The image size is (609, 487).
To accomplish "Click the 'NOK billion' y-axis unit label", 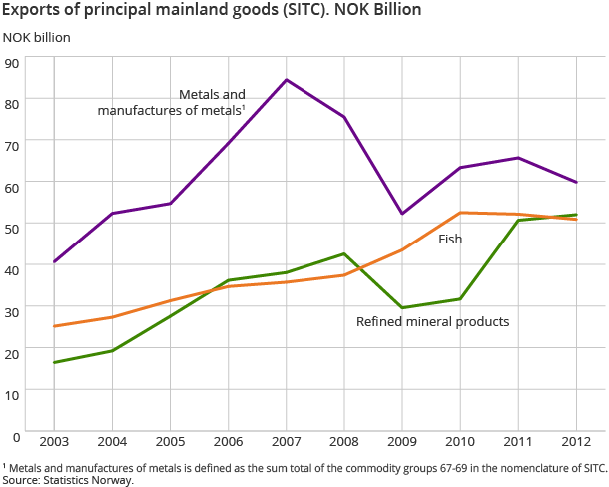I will (37, 38).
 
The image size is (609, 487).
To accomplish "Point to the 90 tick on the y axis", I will (12, 62).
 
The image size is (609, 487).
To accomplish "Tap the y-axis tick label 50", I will (12, 229).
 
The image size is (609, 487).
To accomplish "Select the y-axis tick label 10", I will (12, 394).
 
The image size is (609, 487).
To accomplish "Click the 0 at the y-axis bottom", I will (16, 436).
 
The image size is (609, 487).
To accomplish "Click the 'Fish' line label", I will (450, 240).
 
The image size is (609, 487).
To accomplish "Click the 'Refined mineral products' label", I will (433, 322).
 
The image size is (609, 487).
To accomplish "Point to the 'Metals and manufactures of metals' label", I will (172, 102).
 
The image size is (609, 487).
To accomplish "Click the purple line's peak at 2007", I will (286, 79).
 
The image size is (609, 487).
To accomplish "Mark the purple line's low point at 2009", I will (402, 214).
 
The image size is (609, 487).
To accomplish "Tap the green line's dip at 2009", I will (402, 307).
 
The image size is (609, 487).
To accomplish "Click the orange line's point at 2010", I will (460, 212).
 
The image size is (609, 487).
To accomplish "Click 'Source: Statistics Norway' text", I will (67, 480).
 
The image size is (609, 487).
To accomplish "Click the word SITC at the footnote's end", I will (593, 467).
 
